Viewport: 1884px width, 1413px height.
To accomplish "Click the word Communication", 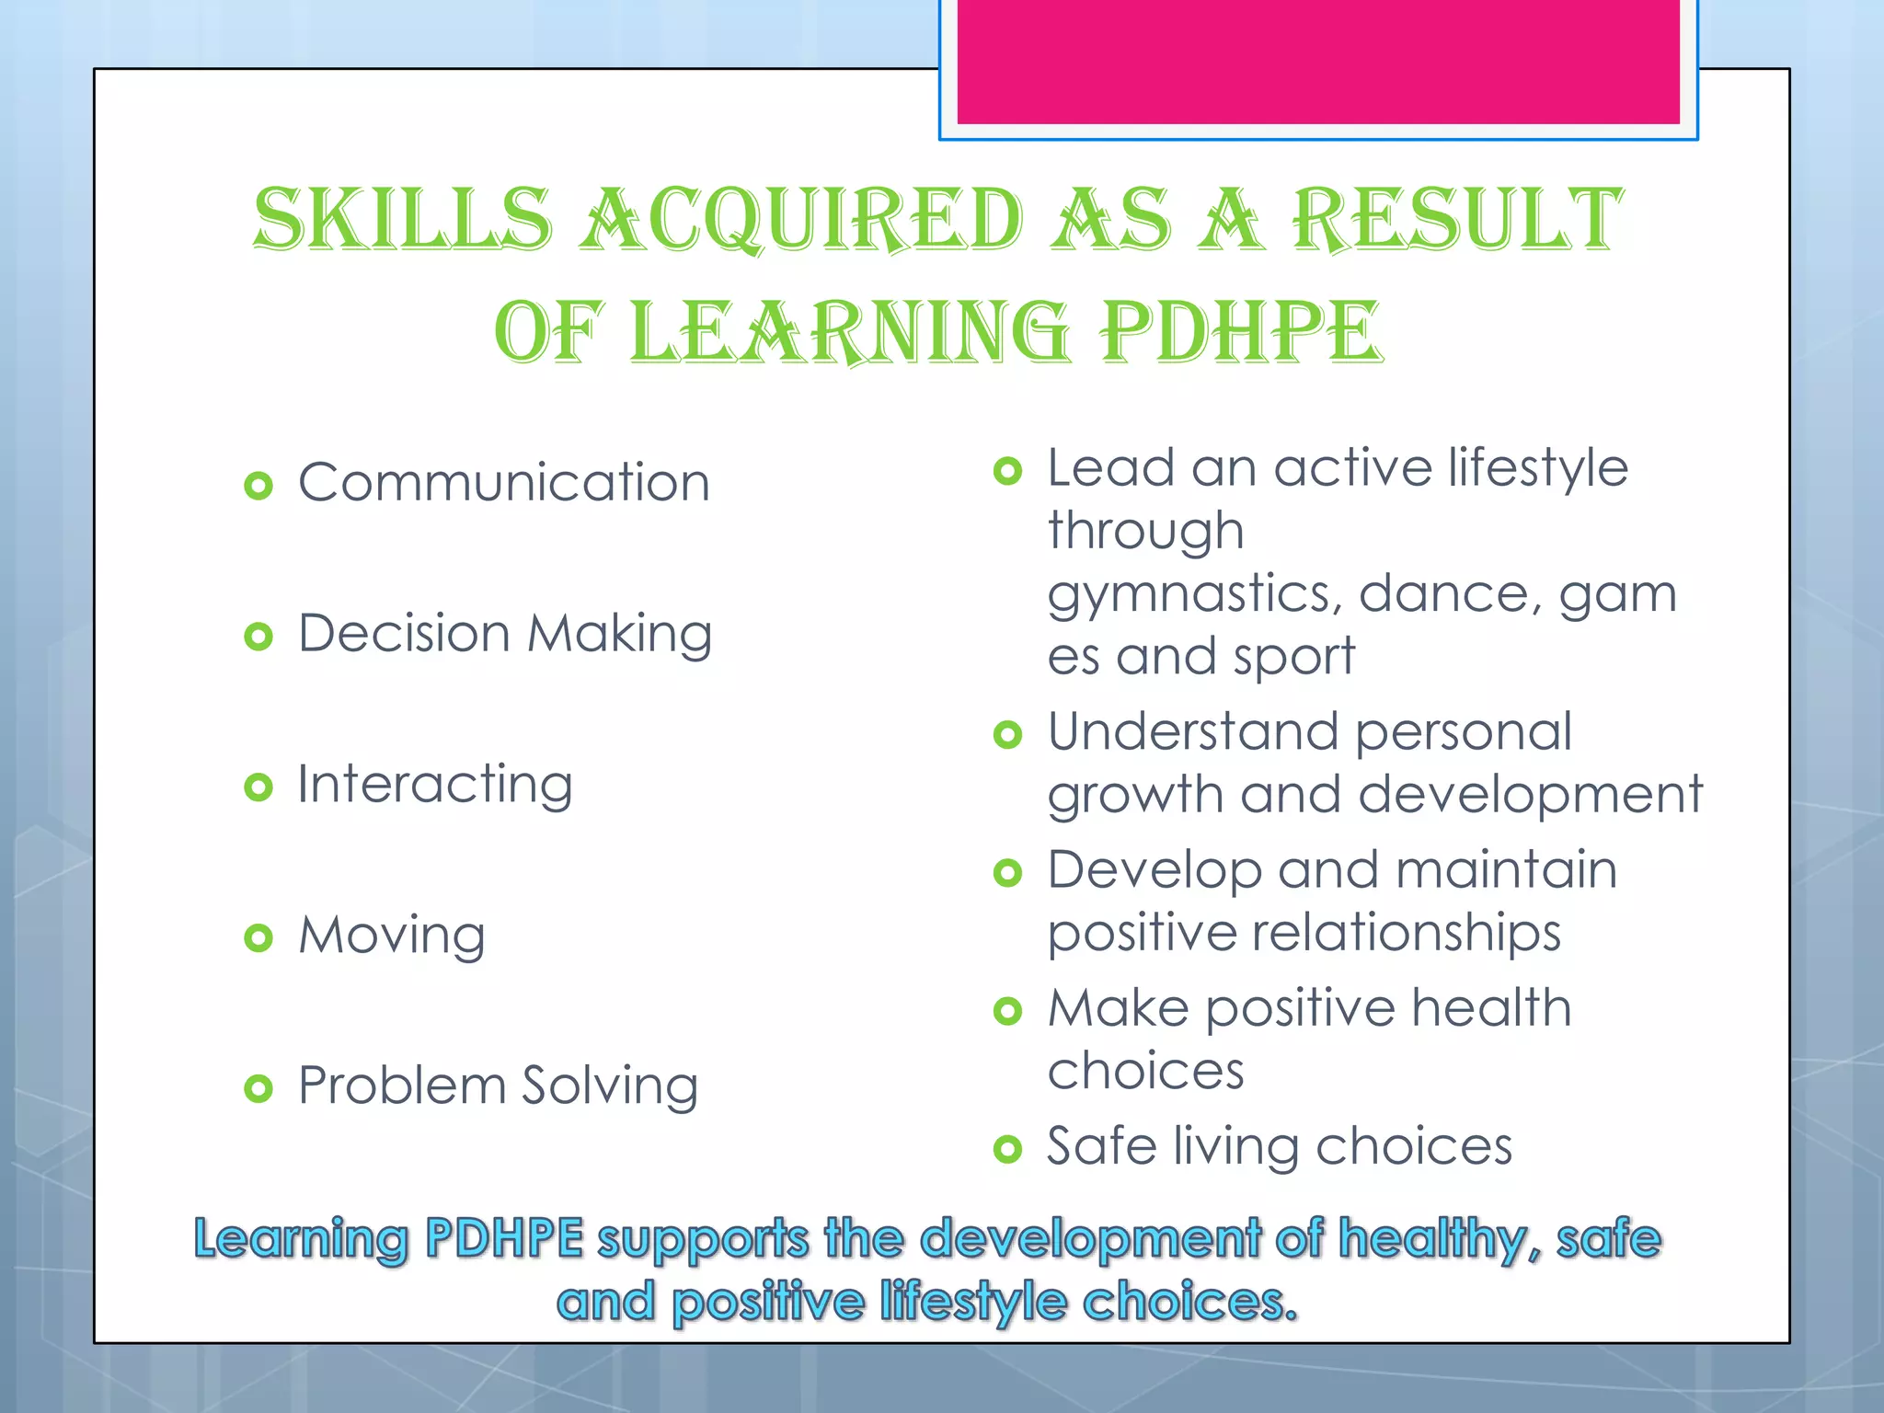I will point(504,482).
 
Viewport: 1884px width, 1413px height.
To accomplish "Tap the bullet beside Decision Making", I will point(258,637).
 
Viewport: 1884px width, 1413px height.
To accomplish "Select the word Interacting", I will point(435,786).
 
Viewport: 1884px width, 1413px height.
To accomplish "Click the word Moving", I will point(392,936).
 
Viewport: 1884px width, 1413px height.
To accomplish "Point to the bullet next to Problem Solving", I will point(258,1089).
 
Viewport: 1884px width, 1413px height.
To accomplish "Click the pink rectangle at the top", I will point(1317,61).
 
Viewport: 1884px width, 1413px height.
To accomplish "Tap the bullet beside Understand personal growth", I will point(1008,735).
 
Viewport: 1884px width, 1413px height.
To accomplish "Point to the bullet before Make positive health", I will point(1008,1012).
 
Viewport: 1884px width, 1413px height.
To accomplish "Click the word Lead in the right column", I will point(1111,468).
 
